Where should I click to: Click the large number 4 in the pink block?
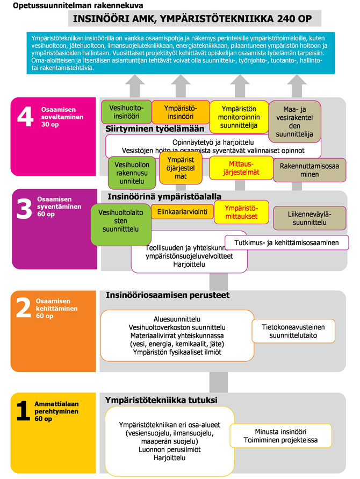pyautogui.click(x=25, y=118)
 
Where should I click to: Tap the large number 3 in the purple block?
pyautogui.click(x=25, y=209)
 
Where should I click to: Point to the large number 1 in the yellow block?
pyautogui.click(x=23, y=411)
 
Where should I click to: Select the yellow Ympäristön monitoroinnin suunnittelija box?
pyautogui.click(x=238, y=116)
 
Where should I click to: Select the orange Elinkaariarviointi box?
pyautogui.click(x=179, y=212)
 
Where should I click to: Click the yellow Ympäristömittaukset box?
pyautogui.click(x=240, y=212)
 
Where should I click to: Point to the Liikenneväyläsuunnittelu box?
pyautogui.click(x=307, y=218)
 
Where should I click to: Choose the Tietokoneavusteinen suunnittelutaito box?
pyautogui.click(x=293, y=331)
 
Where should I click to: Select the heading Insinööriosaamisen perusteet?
pyautogui.click(x=168, y=295)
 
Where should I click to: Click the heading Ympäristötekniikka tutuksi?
pyautogui.click(x=161, y=400)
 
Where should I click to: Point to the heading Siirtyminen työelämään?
pyautogui.click(x=155, y=128)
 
